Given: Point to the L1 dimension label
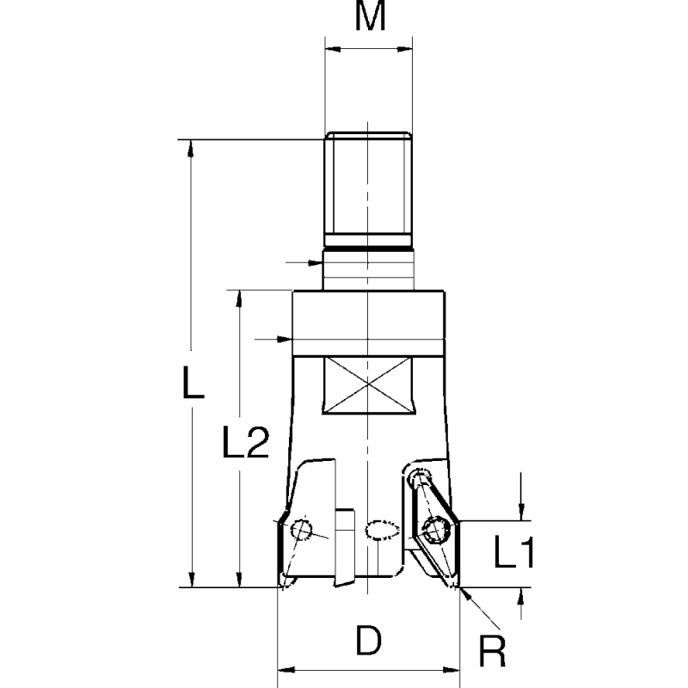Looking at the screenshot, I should (514, 555).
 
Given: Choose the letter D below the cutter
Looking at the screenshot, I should (369, 641).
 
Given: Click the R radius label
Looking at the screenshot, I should (491, 650).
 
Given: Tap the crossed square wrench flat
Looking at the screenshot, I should (368, 386).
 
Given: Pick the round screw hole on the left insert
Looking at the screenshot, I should (302, 531).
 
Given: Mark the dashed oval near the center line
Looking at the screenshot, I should (383, 530).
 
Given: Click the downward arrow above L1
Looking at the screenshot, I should (521, 513).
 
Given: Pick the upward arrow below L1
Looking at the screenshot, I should (521, 597).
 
